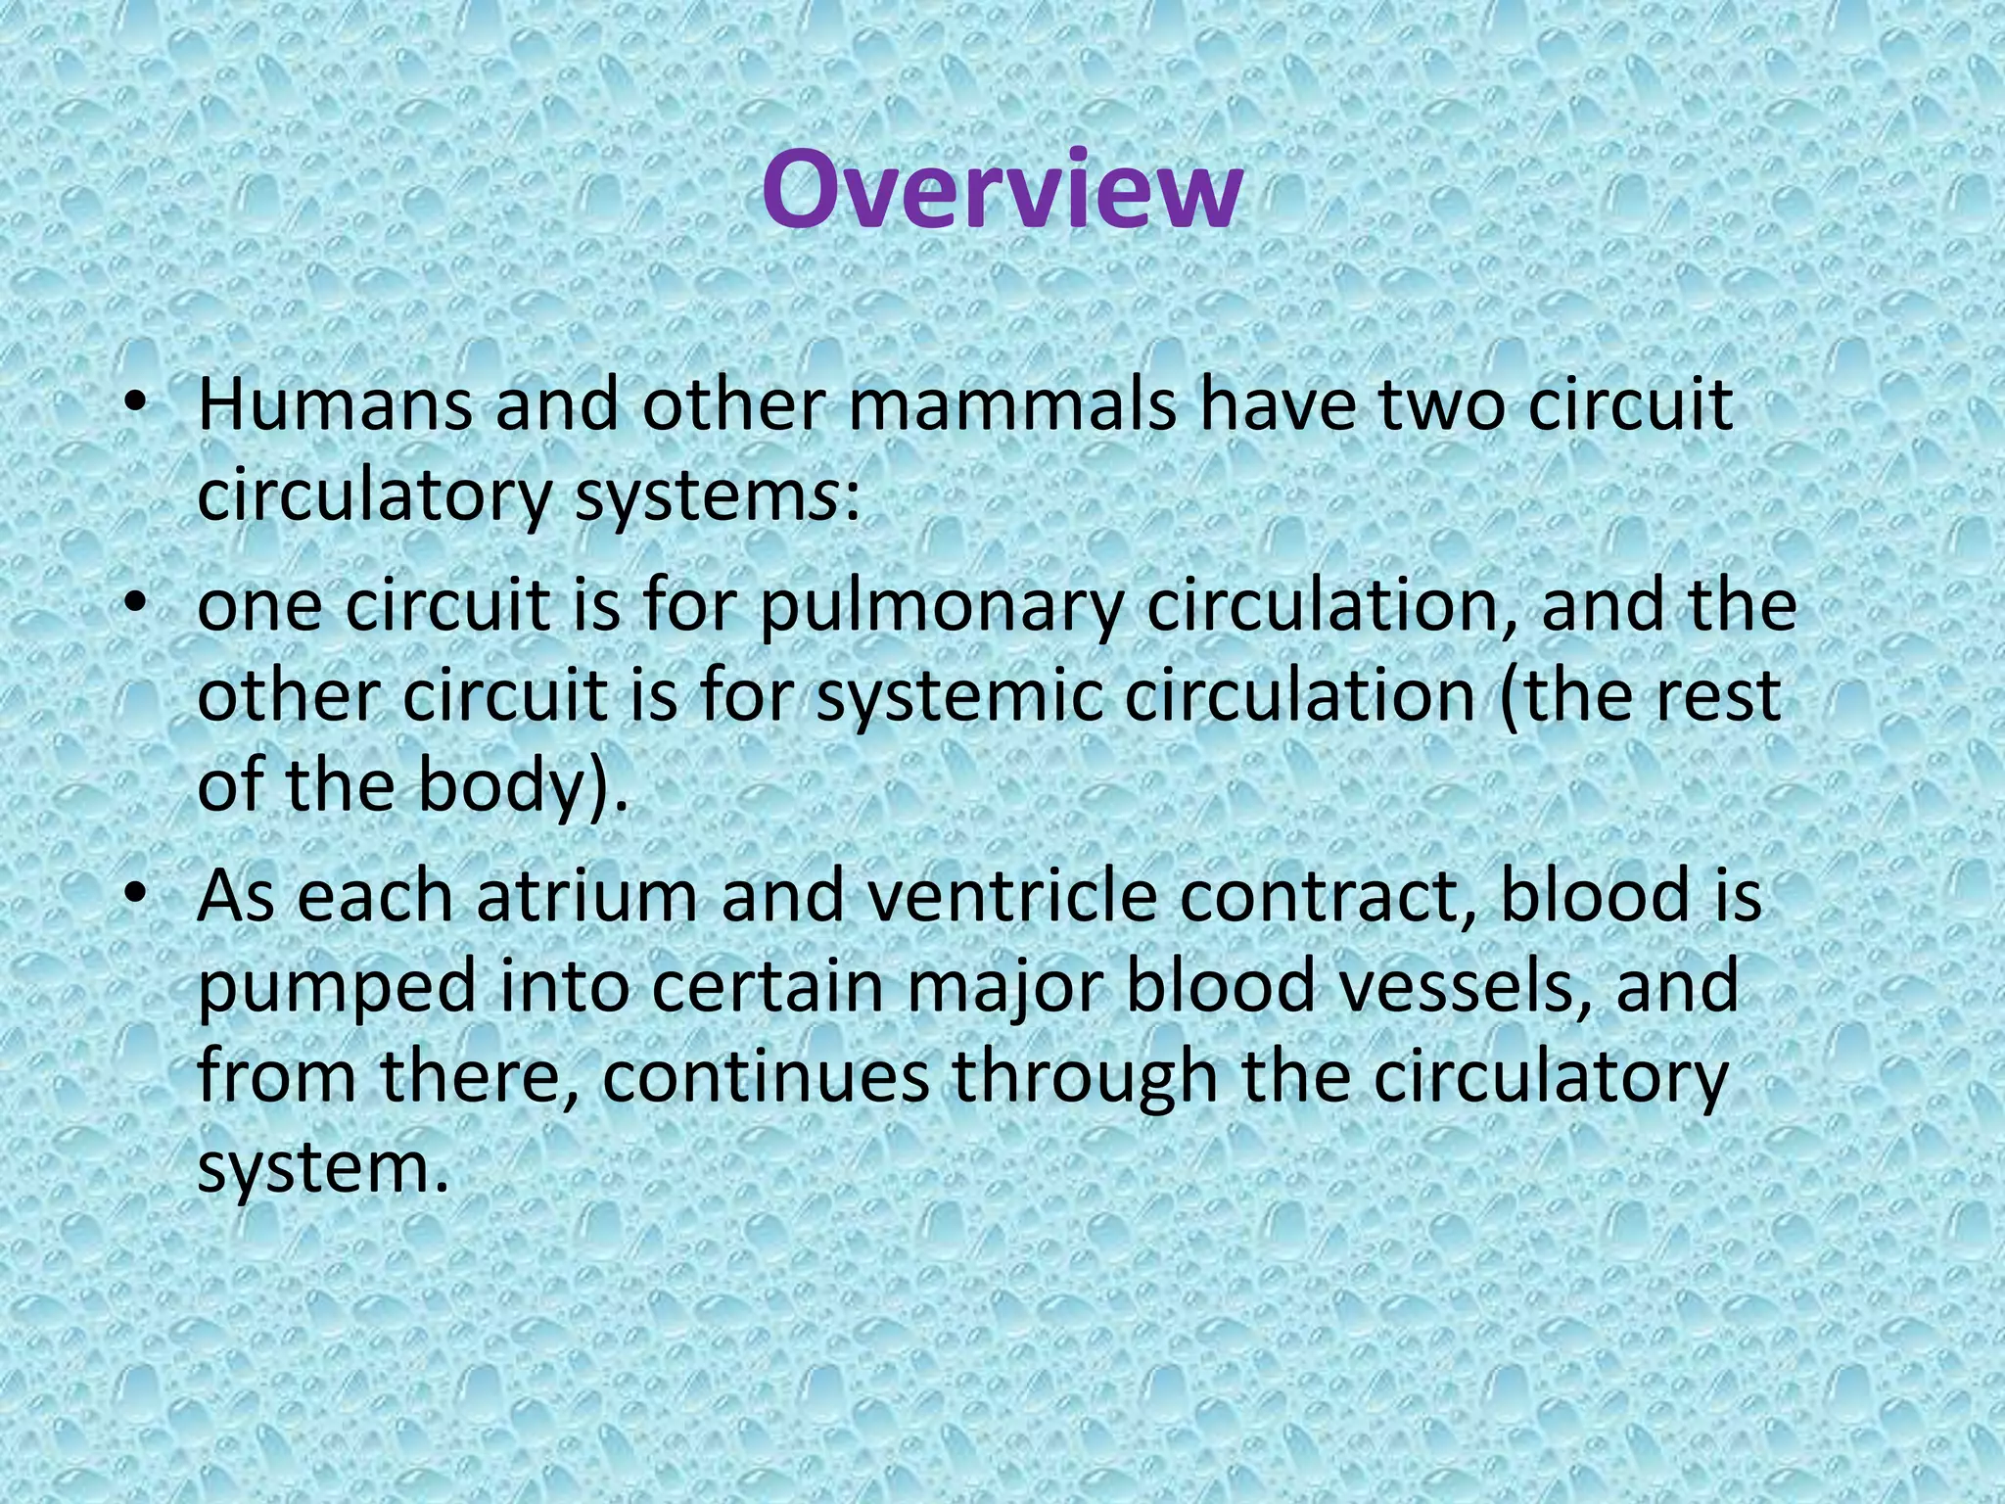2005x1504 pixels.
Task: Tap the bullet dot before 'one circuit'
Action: (136, 604)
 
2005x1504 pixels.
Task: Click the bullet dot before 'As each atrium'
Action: (136, 896)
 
